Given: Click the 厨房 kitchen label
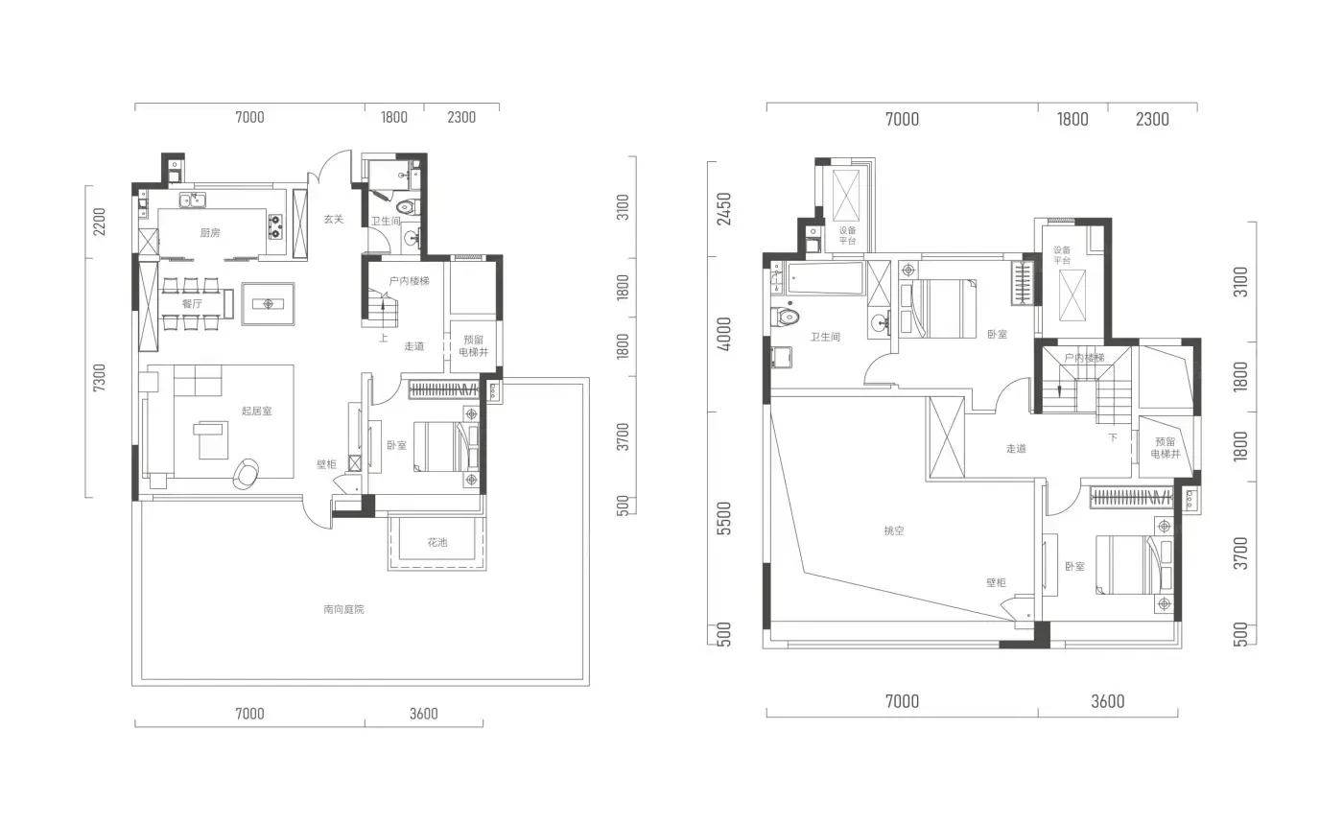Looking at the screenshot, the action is [210, 233].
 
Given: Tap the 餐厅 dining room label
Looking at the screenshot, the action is [192, 303].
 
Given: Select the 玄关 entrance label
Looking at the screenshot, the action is [334, 219].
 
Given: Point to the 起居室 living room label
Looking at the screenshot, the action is [257, 411].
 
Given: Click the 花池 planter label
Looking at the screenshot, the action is [437, 542].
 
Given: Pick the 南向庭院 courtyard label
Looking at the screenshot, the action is [343, 609].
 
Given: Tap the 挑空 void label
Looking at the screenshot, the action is [894, 530].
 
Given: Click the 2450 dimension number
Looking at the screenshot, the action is [724, 209].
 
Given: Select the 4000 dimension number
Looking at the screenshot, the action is [724, 334].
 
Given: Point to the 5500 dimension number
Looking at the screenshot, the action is [724, 518].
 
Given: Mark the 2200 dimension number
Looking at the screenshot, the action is [99, 222].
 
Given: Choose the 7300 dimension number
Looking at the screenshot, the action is [99, 378].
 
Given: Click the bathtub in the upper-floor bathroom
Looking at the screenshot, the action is [826, 279].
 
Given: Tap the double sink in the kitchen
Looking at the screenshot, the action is [193, 200].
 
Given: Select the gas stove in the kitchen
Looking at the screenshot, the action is [275, 226].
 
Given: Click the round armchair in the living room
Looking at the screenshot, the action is [246, 474].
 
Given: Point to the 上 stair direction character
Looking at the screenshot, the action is [383, 339].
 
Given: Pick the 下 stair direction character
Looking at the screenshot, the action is [1113, 437].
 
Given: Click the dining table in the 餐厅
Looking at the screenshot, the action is [193, 304].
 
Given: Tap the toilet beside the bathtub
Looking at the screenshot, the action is [786, 316].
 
